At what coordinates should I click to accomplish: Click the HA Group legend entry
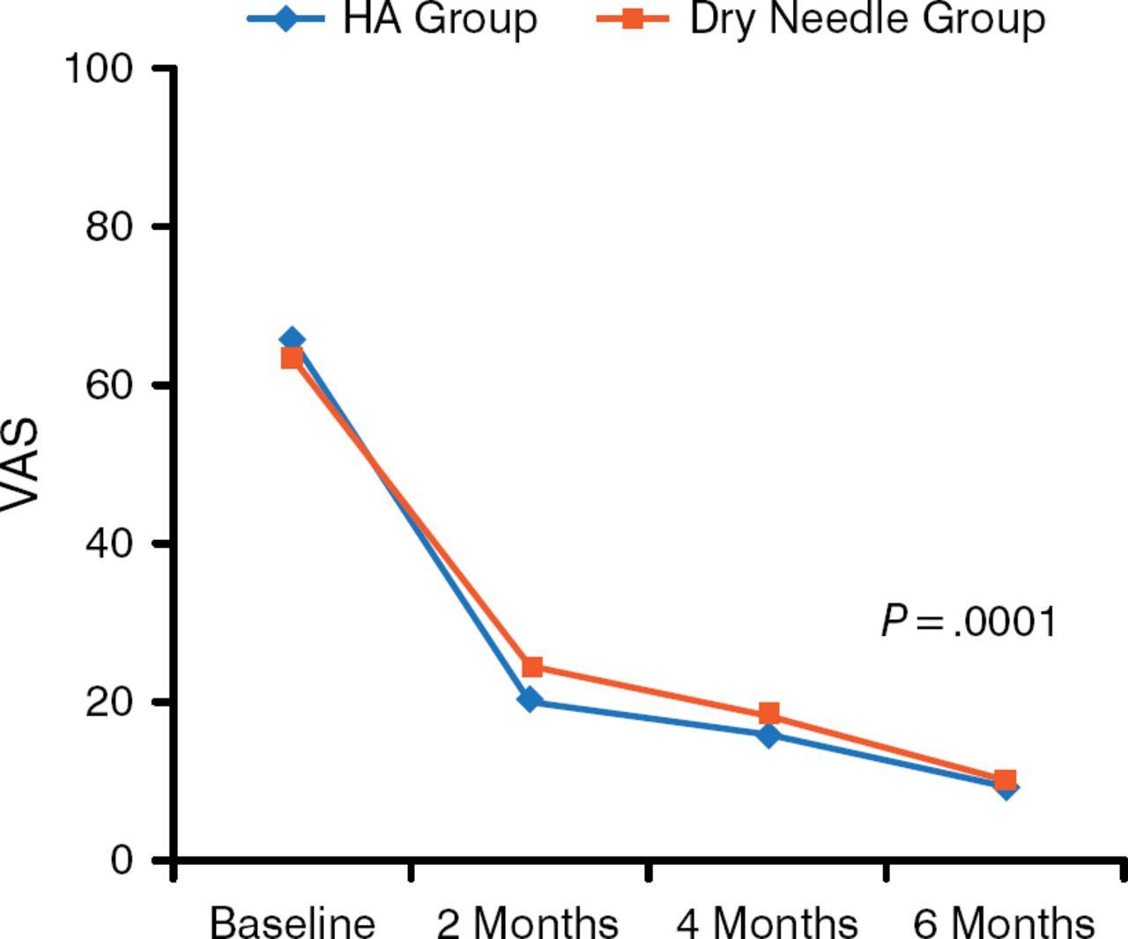(392, 18)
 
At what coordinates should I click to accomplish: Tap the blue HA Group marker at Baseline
(292, 339)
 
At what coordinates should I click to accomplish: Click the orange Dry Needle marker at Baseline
(292, 358)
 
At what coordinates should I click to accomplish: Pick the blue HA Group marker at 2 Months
(530, 700)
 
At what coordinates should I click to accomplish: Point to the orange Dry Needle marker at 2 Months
(531, 667)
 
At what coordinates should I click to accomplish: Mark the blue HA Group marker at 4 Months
(768, 735)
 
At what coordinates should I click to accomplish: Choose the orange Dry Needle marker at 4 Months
(768, 713)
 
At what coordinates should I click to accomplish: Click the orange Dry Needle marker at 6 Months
(1005, 780)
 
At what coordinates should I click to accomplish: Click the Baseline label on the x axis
(292, 921)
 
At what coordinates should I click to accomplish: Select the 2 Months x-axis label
(528, 921)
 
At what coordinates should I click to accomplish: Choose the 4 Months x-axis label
(767, 921)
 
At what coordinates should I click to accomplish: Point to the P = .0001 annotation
(968, 622)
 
